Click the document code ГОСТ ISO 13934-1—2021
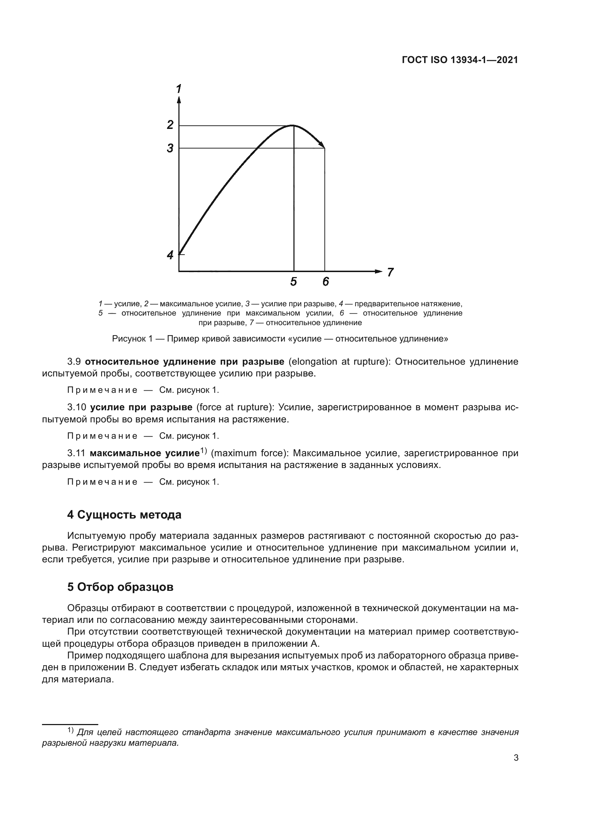pyautogui.click(x=459, y=60)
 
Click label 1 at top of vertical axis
pyautogui.click(x=178, y=88)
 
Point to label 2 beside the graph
pyautogui.click(x=170, y=125)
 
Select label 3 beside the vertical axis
pyautogui.click(x=170, y=148)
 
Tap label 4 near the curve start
pyautogui.click(x=170, y=255)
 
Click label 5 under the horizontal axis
pyautogui.click(x=293, y=282)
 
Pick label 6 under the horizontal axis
pyautogui.click(x=326, y=282)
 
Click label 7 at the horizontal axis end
pyautogui.click(x=390, y=272)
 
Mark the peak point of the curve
pyautogui.click(x=293, y=125)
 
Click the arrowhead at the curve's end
pyautogui.click(x=322, y=145)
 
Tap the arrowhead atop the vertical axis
pyautogui.click(x=179, y=100)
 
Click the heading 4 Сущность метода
pyautogui.click(x=124, y=515)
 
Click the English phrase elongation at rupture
pyautogui.click(x=338, y=362)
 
